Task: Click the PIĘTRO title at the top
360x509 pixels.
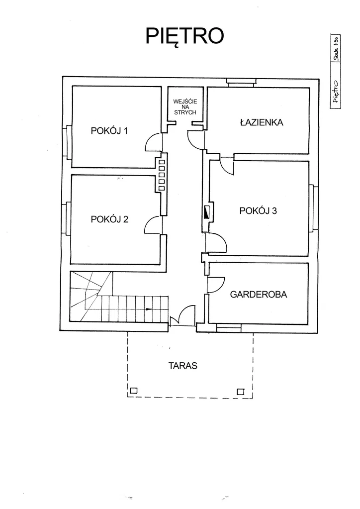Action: click(184, 35)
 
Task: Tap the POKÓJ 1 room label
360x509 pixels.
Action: click(109, 131)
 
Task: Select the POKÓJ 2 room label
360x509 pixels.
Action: click(109, 219)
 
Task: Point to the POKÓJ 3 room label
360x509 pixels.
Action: click(258, 210)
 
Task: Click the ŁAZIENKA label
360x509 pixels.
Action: click(261, 123)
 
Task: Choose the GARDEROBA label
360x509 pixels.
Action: click(259, 294)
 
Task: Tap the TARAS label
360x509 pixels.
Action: click(183, 366)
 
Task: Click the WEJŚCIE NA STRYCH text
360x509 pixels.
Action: click(185, 107)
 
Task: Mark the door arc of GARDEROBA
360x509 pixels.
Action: click(215, 285)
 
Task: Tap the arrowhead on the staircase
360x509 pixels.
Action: click(149, 309)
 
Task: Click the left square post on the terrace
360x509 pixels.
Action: click(133, 391)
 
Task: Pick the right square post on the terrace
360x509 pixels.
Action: click(241, 392)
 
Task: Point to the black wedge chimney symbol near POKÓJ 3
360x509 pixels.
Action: click(206, 212)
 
